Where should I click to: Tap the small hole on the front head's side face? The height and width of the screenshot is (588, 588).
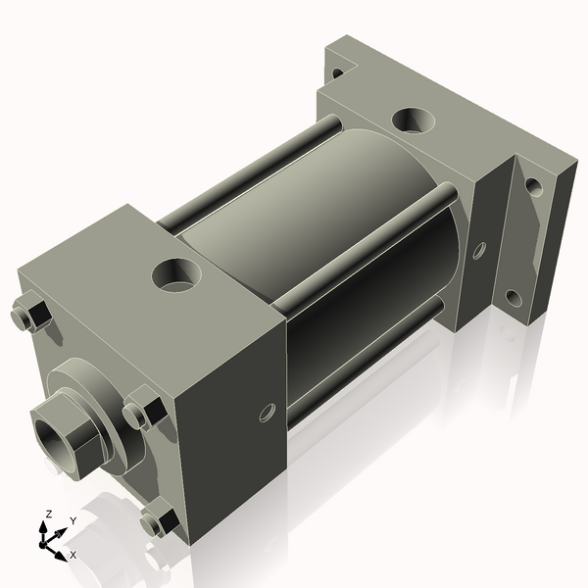pyautogui.click(x=267, y=413)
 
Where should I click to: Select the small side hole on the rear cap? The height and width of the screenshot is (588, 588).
pyautogui.click(x=478, y=250)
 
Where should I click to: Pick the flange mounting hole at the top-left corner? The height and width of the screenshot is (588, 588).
pyautogui.click(x=337, y=72)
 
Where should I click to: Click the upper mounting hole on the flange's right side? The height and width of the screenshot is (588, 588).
pyautogui.click(x=533, y=184)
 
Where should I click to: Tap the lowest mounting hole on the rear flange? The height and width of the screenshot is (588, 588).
pyautogui.click(x=512, y=296)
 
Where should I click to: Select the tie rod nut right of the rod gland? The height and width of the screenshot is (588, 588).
pyautogui.click(x=143, y=410)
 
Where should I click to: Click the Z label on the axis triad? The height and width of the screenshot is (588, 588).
pyautogui.click(x=46, y=514)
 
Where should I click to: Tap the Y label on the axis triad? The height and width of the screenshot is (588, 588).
pyautogui.click(x=73, y=521)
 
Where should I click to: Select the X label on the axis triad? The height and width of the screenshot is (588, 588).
pyautogui.click(x=73, y=555)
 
